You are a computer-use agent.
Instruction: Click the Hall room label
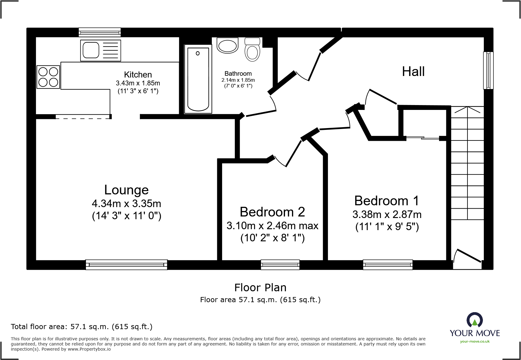click(413, 72)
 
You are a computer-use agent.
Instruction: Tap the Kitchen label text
click(138, 75)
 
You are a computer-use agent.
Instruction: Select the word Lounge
click(126, 190)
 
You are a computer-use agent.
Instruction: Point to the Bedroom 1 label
click(387, 201)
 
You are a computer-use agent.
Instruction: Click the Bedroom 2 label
click(272, 212)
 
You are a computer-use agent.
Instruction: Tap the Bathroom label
click(238, 74)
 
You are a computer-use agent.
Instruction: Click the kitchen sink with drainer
click(100, 50)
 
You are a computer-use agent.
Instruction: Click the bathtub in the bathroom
click(198, 79)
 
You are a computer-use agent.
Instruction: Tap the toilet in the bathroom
click(252, 49)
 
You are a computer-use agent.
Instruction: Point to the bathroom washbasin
click(228, 45)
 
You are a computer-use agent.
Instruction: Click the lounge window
click(126, 265)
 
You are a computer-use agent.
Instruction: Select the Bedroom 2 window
click(280, 265)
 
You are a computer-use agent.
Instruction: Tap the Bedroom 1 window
click(388, 265)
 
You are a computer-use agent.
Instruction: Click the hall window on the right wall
click(488, 70)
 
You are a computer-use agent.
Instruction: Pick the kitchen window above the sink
click(100, 32)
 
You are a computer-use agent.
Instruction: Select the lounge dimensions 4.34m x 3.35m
click(126, 203)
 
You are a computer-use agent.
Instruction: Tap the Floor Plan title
click(260, 287)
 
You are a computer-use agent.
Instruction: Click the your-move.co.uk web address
click(475, 342)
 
